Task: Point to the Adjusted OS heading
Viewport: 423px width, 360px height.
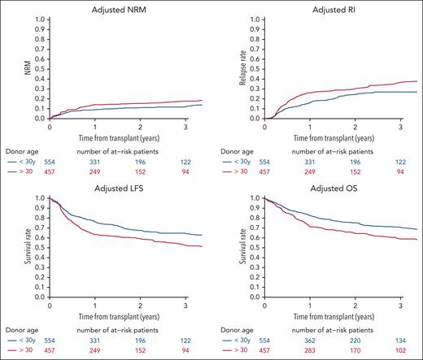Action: pyautogui.click(x=329, y=189)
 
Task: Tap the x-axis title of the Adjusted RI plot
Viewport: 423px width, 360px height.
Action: pyautogui.click(x=329, y=137)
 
